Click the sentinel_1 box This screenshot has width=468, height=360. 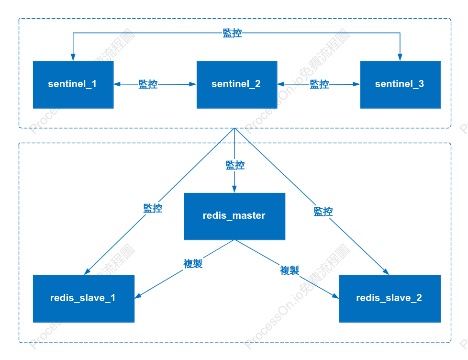coord(73,85)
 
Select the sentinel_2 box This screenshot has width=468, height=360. coord(237,85)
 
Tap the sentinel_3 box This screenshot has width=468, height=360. coord(400,85)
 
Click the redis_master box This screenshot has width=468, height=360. coord(234,216)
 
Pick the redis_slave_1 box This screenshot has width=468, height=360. coord(84,299)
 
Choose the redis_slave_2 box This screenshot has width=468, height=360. coord(390,299)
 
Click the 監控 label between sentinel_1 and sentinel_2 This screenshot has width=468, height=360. coord(148,84)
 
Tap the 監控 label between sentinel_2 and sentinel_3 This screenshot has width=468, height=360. coord(319,84)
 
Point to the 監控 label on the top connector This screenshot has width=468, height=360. coord(232,33)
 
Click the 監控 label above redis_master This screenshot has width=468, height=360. coord(235,165)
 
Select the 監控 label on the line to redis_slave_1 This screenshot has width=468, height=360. coord(153,208)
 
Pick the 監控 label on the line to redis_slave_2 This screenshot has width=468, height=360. coord(323,212)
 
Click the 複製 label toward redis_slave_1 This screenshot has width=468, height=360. coord(193,264)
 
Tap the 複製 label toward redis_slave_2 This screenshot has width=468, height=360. coord(290,270)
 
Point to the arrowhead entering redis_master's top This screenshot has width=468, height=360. coord(234,189)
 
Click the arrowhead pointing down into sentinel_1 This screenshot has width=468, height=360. coord(73,57)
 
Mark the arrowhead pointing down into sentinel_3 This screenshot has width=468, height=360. coord(400,57)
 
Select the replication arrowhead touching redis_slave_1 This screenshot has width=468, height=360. coord(138,296)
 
